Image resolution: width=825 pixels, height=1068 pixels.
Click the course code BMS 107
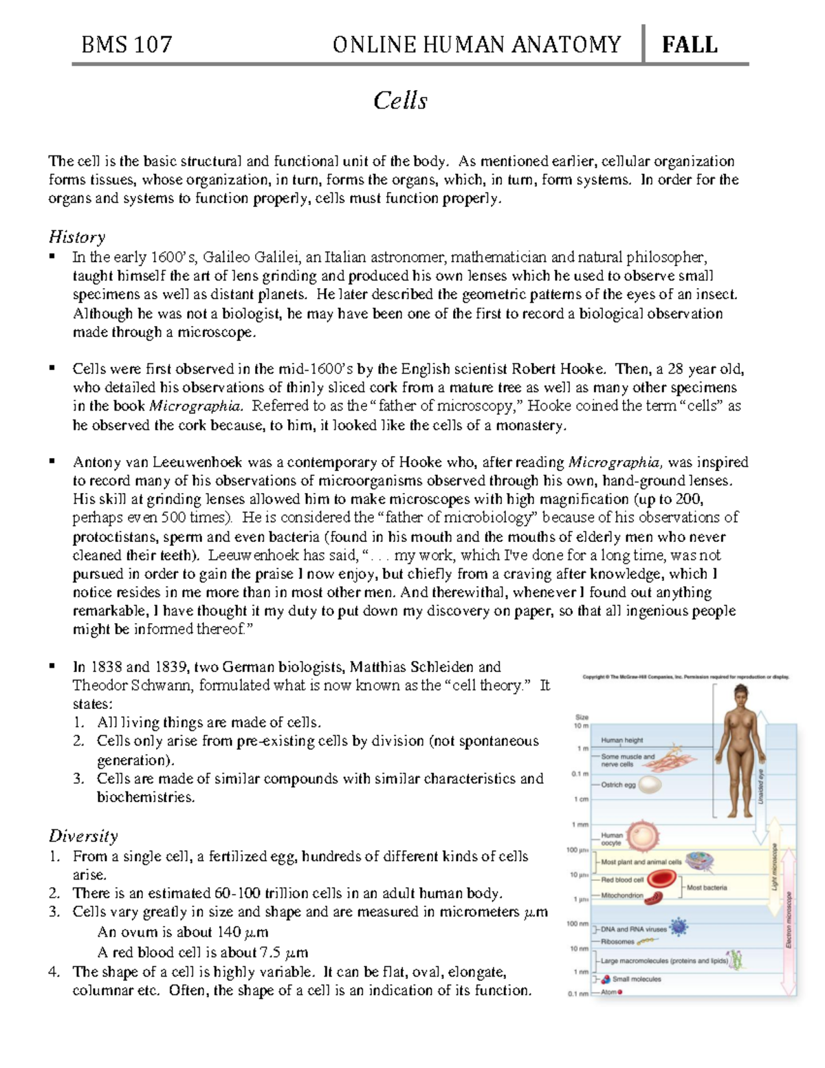tap(126, 45)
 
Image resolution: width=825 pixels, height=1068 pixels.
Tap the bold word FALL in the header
tap(689, 45)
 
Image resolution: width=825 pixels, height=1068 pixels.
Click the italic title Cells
tap(400, 101)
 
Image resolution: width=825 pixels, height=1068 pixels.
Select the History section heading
tap(76, 237)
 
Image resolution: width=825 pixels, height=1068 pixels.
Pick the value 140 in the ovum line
tap(229, 933)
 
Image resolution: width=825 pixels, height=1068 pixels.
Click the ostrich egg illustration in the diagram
tap(650, 785)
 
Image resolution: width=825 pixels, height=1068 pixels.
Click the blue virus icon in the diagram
tap(679, 928)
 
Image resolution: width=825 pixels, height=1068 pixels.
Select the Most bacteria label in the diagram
tap(706, 888)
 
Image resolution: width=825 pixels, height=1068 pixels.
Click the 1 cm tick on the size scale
tap(582, 799)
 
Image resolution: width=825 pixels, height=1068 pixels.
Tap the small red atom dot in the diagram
tap(620, 992)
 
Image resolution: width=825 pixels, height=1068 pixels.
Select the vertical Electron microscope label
tap(789, 920)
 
